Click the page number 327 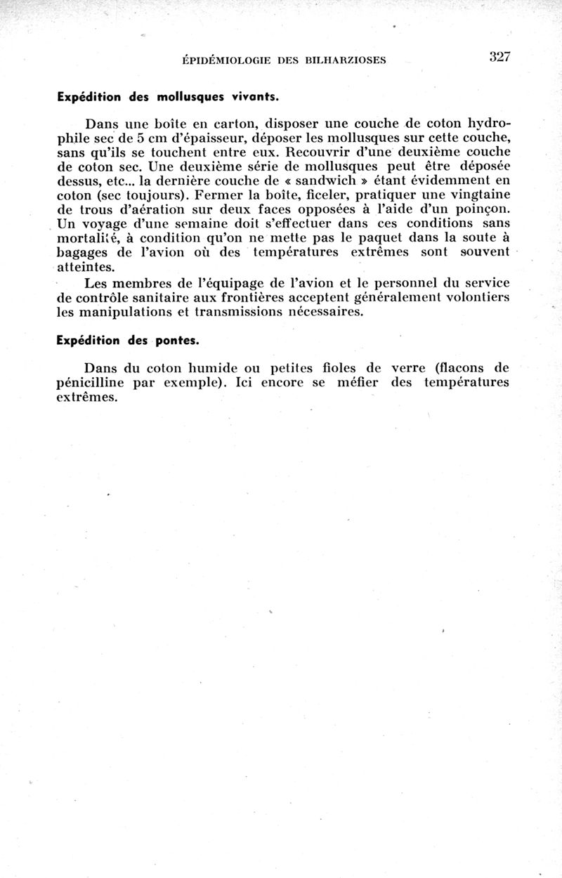click(x=499, y=58)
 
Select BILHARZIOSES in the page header click(x=347, y=60)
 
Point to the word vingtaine click(x=474, y=196)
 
